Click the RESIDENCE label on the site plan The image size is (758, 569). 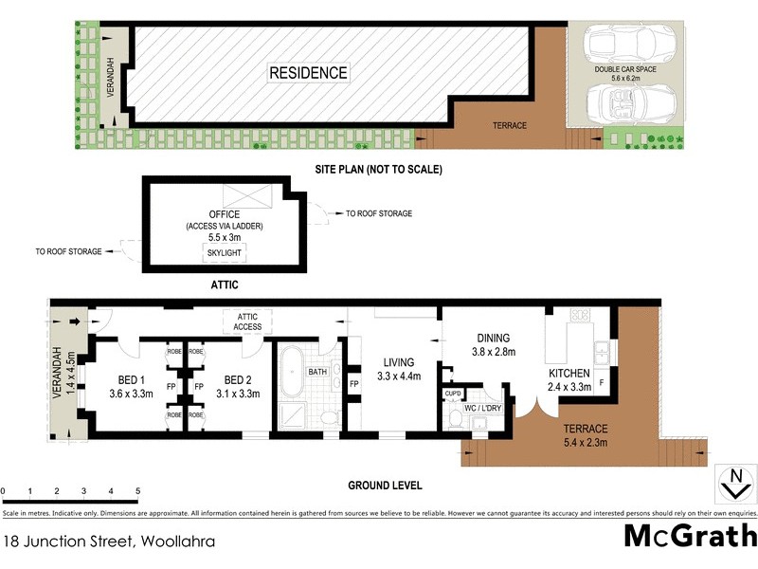(309, 72)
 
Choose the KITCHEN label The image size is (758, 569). (569, 374)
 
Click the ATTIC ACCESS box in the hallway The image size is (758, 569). (248, 321)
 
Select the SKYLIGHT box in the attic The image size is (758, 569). (225, 253)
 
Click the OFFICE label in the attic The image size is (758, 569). (225, 214)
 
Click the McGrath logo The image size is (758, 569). (689, 537)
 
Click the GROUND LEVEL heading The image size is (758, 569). (384, 486)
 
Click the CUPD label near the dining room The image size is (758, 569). (452, 393)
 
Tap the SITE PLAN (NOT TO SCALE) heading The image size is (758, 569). (379, 170)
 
